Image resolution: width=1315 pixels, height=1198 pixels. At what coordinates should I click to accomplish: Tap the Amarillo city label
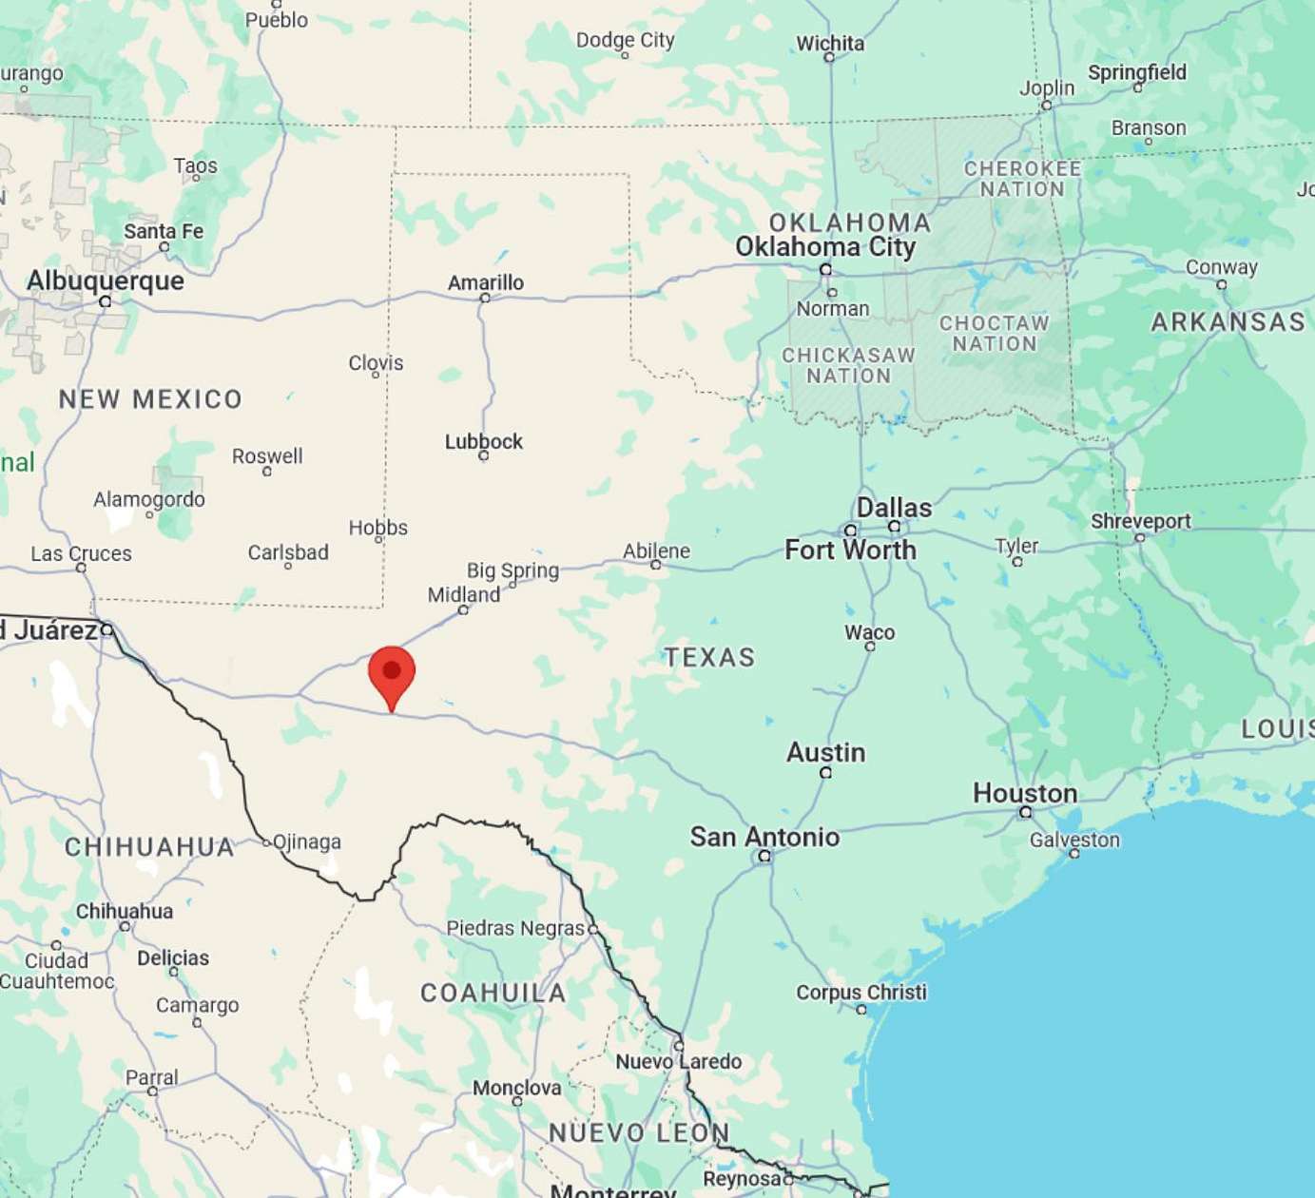pos(486,282)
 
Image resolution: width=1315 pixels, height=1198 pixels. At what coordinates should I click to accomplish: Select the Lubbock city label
pos(484,441)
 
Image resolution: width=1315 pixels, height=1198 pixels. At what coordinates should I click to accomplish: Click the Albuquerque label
pos(106,280)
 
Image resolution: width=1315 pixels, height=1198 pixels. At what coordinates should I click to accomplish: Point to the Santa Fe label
pos(164,231)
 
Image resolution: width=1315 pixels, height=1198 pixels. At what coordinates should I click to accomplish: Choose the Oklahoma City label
pos(825,247)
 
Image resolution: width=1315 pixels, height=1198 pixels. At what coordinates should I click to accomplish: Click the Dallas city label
pos(894,507)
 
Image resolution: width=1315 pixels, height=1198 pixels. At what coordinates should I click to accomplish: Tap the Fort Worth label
pos(850,550)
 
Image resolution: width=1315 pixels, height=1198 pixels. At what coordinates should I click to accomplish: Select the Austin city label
pos(825,752)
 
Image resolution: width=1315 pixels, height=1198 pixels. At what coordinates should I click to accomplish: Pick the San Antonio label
pos(764,837)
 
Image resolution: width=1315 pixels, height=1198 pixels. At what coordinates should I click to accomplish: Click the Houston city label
pos(1025,793)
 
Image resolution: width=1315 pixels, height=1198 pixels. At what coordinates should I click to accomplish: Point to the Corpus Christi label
pos(861,992)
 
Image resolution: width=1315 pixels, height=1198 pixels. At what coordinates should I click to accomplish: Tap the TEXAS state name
pos(709,657)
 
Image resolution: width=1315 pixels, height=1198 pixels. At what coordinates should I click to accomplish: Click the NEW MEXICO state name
pos(150,398)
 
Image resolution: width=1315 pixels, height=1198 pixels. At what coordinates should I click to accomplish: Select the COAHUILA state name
pos(493,993)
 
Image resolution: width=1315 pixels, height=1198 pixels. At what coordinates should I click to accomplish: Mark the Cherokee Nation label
pos(1022,179)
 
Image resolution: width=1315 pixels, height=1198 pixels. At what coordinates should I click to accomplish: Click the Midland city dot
pos(463,610)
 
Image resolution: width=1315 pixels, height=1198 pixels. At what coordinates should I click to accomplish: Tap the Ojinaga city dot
pos(266,841)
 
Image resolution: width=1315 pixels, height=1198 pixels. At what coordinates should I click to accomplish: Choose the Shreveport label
pos(1140,521)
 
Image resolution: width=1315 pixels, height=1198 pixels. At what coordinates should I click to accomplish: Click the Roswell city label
pos(267,455)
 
